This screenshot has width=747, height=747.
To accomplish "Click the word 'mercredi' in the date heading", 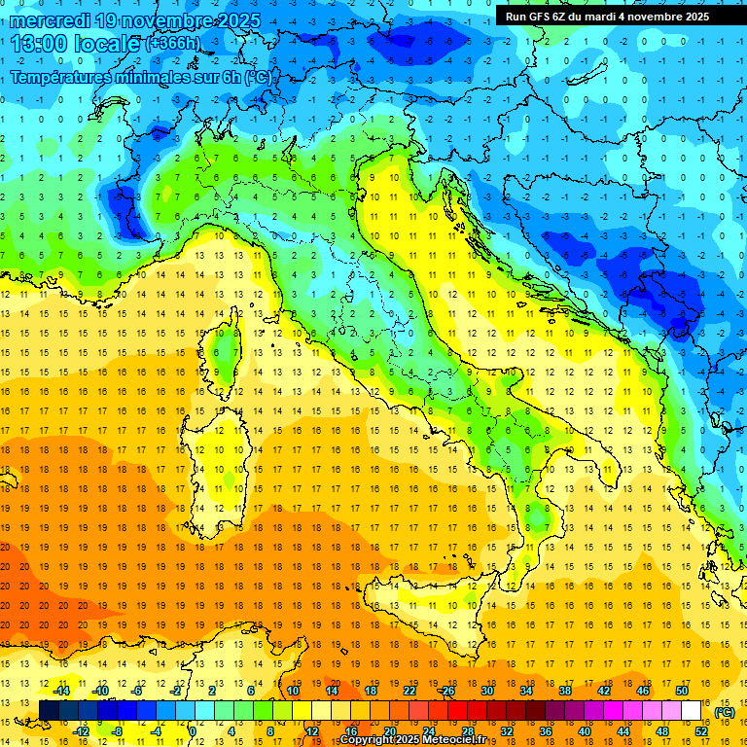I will pyautogui.click(x=53, y=19).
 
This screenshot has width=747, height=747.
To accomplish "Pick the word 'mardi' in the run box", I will pyautogui.click(x=601, y=17).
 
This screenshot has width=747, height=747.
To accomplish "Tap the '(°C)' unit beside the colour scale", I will pyautogui.click(x=725, y=712).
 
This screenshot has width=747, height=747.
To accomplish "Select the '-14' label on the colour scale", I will pyautogui.click(x=60, y=691).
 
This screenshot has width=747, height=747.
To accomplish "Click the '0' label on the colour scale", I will pyautogui.click(x=193, y=731).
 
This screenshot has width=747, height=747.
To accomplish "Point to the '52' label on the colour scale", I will pyautogui.click(x=701, y=731).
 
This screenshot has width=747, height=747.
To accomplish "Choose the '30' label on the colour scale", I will pyautogui.click(x=487, y=691).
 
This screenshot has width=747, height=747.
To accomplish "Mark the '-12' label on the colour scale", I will pyautogui.click(x=82, y=731).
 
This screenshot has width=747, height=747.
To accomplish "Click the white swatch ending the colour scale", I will pyautogui.click(x=692, y=711).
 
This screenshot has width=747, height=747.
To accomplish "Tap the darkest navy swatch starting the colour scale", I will pyautogui.click(x=49, y=711).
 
